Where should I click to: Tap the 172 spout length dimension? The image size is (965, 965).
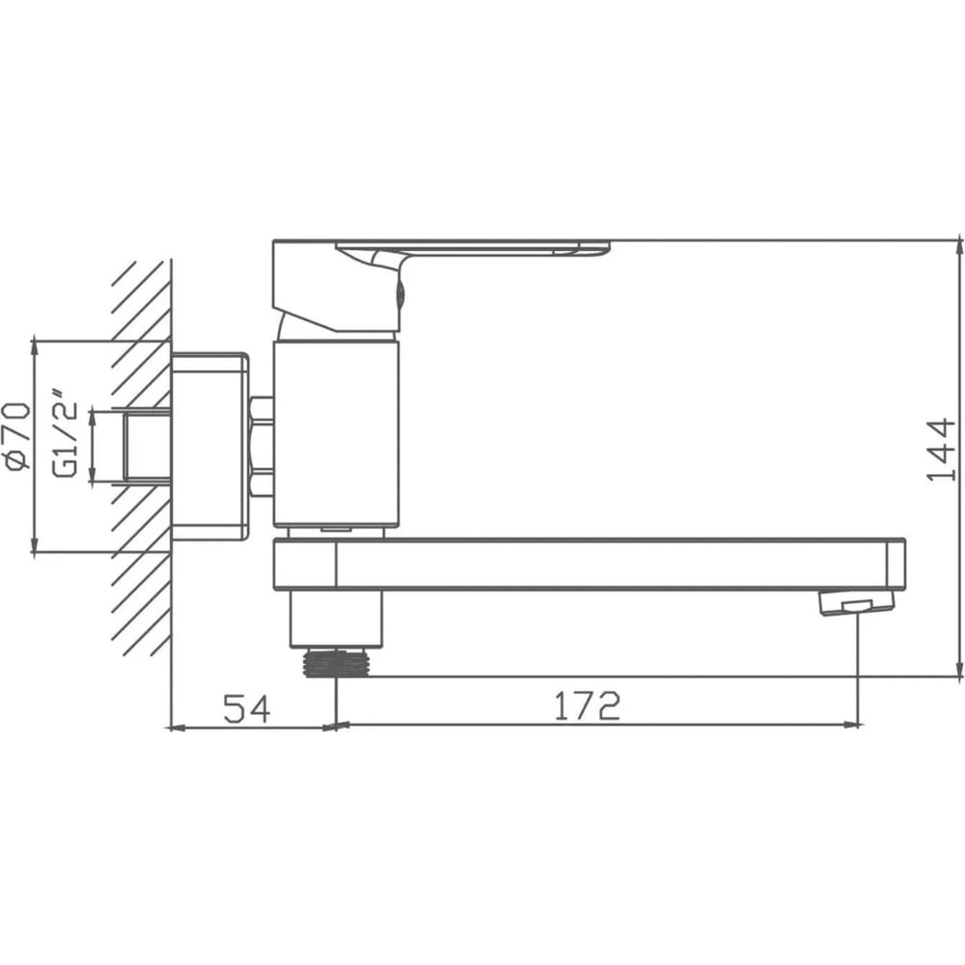[587, 706]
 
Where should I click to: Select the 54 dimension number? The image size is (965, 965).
[246, 708]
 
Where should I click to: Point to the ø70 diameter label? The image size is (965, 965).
[17, 437]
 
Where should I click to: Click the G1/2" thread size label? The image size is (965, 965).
[65, 432]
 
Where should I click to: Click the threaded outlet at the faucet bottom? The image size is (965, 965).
[336, 663]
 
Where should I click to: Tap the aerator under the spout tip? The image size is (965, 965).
[856, 602]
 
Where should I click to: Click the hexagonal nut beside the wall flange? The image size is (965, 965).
[262, 446]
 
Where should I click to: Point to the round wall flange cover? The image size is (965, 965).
[209, 447]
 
